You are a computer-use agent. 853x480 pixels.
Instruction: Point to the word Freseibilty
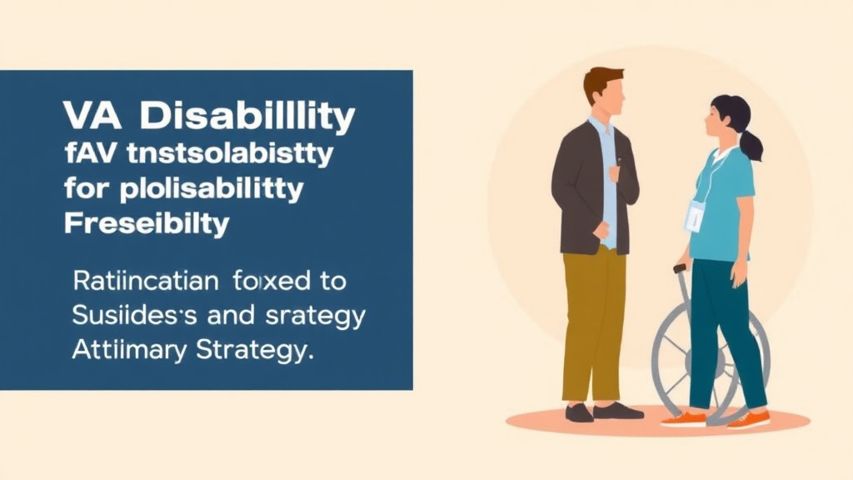point(146,222)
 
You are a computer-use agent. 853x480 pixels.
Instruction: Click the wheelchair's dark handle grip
point(680,268)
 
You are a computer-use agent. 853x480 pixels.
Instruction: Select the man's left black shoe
point(580,412)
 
